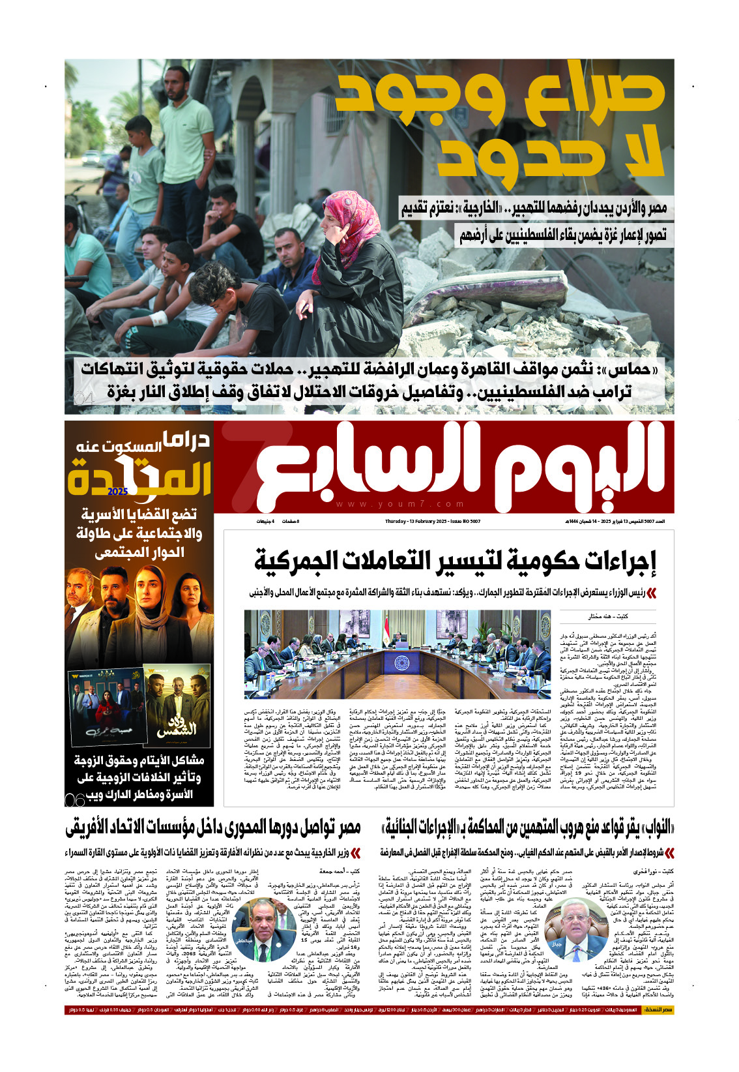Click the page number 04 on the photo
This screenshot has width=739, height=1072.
pos(84,398)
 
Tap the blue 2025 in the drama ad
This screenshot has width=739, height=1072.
pos(119,491)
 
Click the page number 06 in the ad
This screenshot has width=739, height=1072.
pos(75,799)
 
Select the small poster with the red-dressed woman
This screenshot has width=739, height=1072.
pos(105,707)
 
